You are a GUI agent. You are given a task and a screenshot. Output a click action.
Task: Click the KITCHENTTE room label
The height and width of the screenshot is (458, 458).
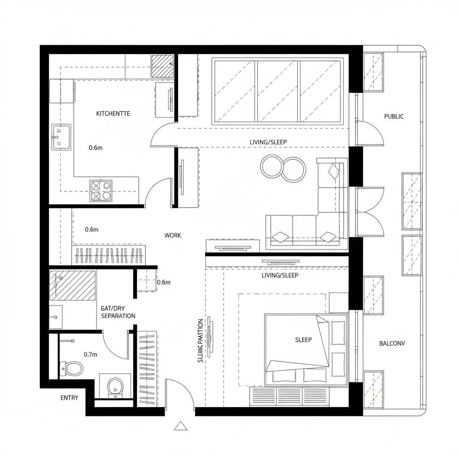tap(113, 114)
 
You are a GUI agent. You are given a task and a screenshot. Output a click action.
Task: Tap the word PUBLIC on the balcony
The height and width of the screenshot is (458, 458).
tap(394, 116)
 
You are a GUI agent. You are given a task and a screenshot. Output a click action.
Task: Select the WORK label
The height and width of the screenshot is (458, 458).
tap(173, 235)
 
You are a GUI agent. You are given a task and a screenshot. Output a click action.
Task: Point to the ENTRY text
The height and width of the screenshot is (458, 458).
tap(69, 398)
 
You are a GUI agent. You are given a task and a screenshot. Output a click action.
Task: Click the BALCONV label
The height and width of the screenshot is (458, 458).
tap(392, 343)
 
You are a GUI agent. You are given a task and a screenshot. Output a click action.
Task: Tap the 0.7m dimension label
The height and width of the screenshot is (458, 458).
tap(90, 354)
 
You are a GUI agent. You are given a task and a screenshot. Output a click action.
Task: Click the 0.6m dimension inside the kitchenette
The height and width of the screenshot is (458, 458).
tap(96, 148)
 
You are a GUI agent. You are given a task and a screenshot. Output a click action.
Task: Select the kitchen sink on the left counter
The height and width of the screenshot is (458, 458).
tap(61, 137)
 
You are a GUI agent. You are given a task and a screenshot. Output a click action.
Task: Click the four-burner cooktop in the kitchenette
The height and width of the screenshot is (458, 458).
tap(101, 190)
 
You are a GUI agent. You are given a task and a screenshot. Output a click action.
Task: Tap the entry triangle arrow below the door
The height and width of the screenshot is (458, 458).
tap(181, 426)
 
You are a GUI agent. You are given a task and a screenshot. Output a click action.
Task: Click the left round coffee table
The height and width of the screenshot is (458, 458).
tap(271, 166)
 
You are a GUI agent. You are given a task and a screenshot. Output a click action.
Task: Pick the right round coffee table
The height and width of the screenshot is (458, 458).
tap(294, 169)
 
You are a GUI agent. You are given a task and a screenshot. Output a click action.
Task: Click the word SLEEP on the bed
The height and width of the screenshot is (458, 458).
tap(303, 340)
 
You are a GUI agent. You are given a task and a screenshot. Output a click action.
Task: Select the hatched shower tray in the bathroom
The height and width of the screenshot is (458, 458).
tap(72, 285)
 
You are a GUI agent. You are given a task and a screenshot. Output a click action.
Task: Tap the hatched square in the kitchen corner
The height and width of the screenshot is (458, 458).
tap(161, 66)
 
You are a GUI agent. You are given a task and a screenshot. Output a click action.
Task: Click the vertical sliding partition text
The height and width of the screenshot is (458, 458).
tap(200, 340)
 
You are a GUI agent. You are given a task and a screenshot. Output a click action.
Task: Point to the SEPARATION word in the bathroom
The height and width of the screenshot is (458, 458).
tap(118, 316)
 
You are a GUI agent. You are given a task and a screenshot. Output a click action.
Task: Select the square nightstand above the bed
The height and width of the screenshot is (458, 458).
tap(339, 303)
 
